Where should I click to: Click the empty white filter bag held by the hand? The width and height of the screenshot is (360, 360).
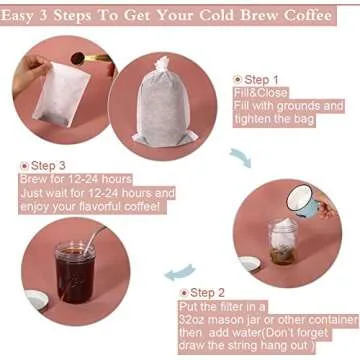(x=56, y=96)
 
